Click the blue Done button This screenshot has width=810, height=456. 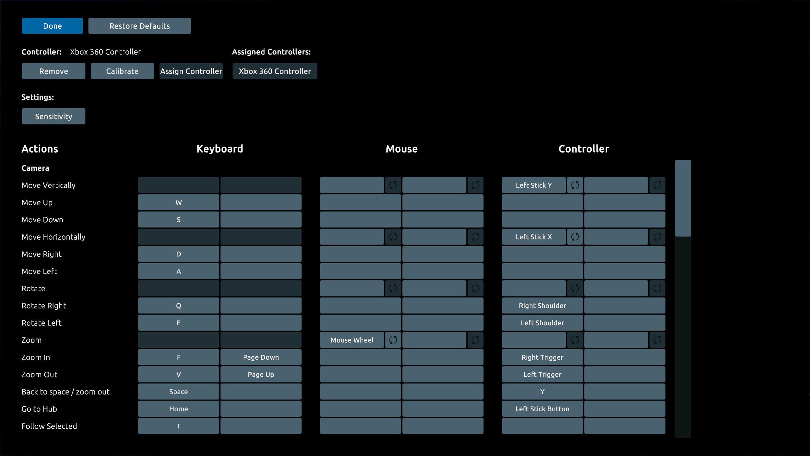[53, 26]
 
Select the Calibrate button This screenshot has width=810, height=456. [122, 71]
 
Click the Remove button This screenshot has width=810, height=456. [53, 71]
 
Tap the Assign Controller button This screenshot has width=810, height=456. [191, 71]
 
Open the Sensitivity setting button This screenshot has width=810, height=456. [53, 117]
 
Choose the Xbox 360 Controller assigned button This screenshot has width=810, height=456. [275, 71]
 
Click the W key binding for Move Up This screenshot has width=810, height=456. [178, 202]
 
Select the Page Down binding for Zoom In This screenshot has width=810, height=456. [261, 357]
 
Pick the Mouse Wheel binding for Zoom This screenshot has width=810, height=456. [352, 340]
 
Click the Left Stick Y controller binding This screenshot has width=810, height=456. [534, 185]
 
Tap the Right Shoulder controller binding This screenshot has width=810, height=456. [542, 306]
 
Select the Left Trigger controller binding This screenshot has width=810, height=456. [542, 374]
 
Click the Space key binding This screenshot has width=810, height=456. [178, 392]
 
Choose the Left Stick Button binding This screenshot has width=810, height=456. [542, 409]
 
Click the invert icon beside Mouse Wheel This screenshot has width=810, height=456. [393, 340]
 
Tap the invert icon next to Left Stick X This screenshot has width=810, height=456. [575, 237]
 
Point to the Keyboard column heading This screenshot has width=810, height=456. [220, 149]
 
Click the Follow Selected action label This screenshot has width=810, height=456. [49, 426]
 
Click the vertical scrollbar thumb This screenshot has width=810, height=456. [683, 198]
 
